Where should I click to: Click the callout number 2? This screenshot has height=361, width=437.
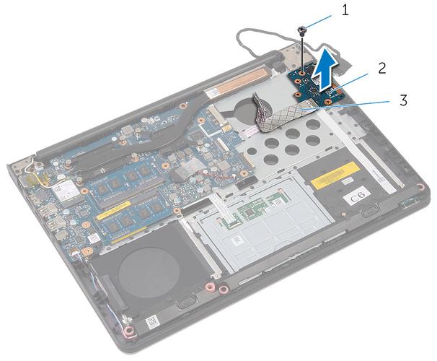point(381,69)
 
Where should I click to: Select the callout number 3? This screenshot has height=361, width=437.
point(402,101)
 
